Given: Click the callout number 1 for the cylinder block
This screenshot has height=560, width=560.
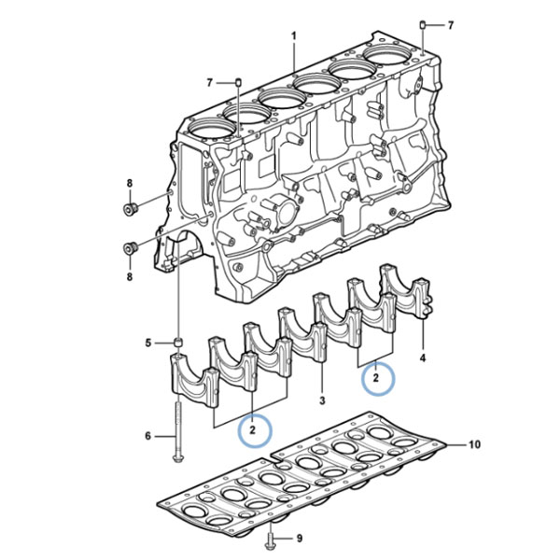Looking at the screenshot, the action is click(x=294, y=36).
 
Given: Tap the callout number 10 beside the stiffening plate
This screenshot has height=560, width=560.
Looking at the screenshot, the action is click(x=474, y=444).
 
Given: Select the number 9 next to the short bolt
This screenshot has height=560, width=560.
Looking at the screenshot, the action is click(x=300, y=538).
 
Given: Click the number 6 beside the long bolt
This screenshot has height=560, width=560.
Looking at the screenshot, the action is click(x=147, y=436).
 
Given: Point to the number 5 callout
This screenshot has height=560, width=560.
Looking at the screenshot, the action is click(x=148, y=343).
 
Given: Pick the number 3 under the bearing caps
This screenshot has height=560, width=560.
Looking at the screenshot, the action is click(x=322, y=400).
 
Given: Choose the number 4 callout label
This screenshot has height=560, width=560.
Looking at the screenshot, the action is click(x=423, y=357).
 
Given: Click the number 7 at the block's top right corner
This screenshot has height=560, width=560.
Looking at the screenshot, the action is click(x=451, y=25).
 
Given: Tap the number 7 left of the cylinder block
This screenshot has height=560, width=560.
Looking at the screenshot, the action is click(x=210, y=83).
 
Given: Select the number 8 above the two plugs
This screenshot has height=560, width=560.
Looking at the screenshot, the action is click(x=130, y=183).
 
